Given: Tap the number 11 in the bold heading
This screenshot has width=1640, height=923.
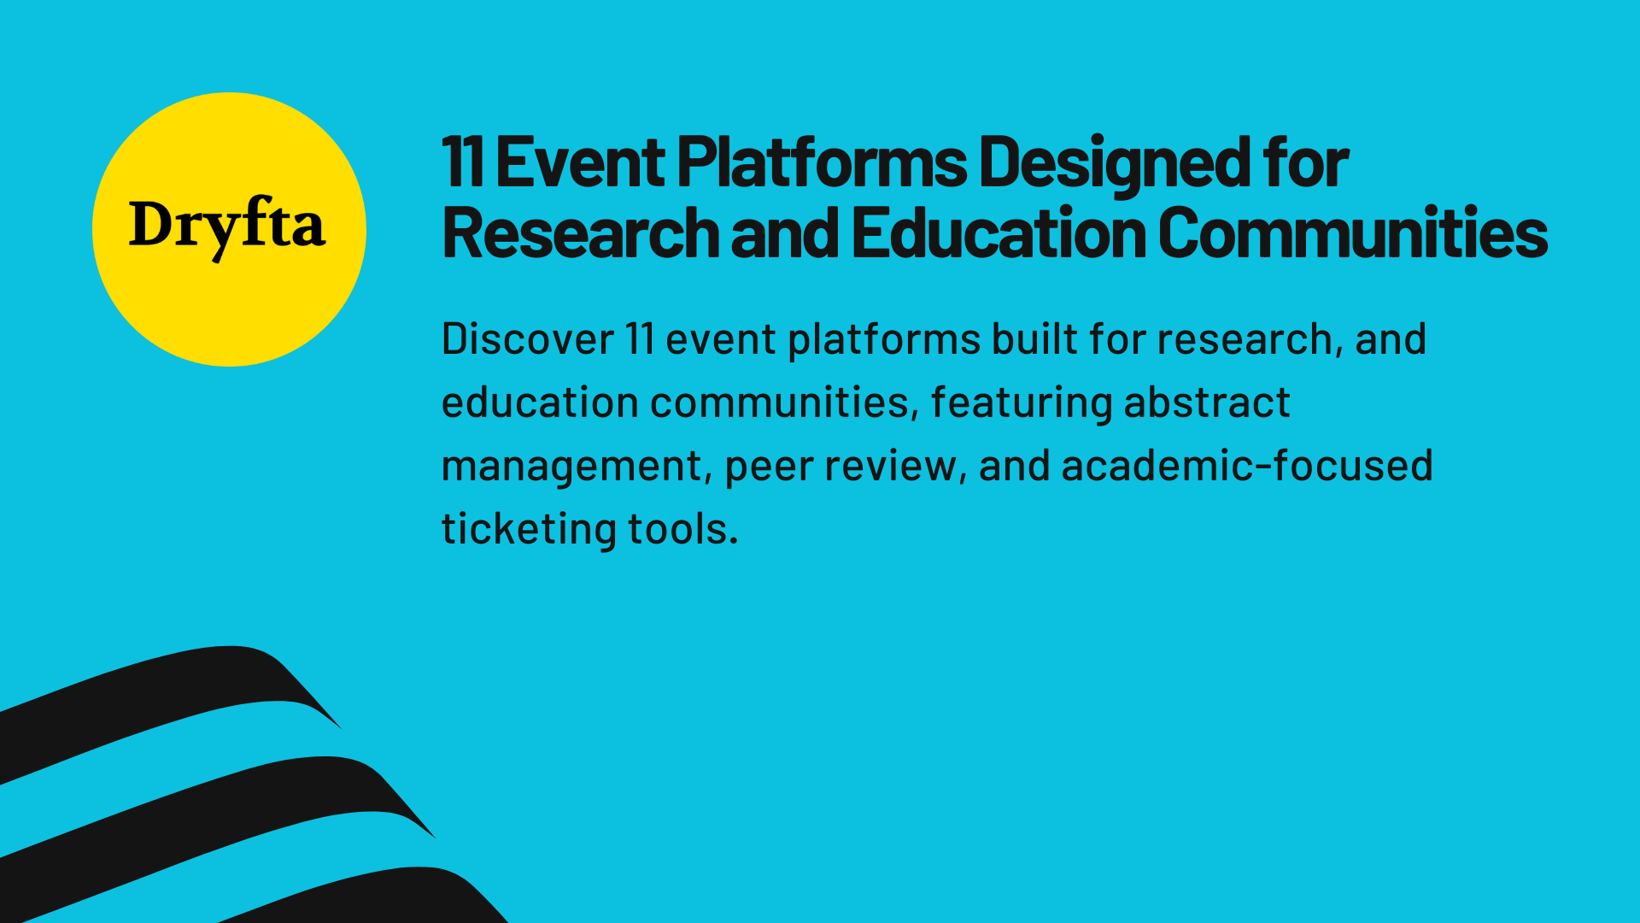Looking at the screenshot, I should point(463,162).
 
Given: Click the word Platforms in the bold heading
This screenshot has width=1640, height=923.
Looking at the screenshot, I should point(822,162).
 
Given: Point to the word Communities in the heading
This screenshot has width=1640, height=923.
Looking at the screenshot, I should point(1352,233).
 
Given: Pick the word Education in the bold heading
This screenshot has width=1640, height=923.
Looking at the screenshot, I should point(999,233).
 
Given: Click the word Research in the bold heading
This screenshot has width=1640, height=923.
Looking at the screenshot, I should point(581,233).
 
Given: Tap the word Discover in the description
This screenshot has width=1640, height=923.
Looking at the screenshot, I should point(527,339).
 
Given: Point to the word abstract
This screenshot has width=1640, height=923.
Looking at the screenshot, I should point(1206,403).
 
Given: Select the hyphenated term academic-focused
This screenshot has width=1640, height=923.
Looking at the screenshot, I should point(1246,466).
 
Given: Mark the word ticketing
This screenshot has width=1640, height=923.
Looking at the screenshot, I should point(527,530).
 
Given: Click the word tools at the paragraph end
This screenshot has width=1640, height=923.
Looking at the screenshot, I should point(682,529).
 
